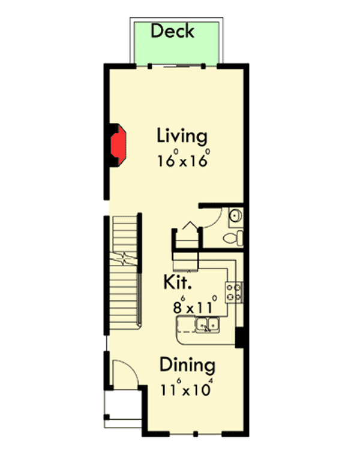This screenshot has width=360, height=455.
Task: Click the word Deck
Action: coord(172,31)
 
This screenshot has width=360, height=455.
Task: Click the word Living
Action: coord(182,135)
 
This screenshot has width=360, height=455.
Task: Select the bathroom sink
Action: coord(235,215)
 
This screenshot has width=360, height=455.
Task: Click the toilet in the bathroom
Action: coord(232,238)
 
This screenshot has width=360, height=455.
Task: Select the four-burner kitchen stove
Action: coord(233,292)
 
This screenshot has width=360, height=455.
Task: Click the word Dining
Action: coord(187,364)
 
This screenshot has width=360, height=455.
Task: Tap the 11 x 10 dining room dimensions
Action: coord(186,388)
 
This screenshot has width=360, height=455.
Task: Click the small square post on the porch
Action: coord(107,416)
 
